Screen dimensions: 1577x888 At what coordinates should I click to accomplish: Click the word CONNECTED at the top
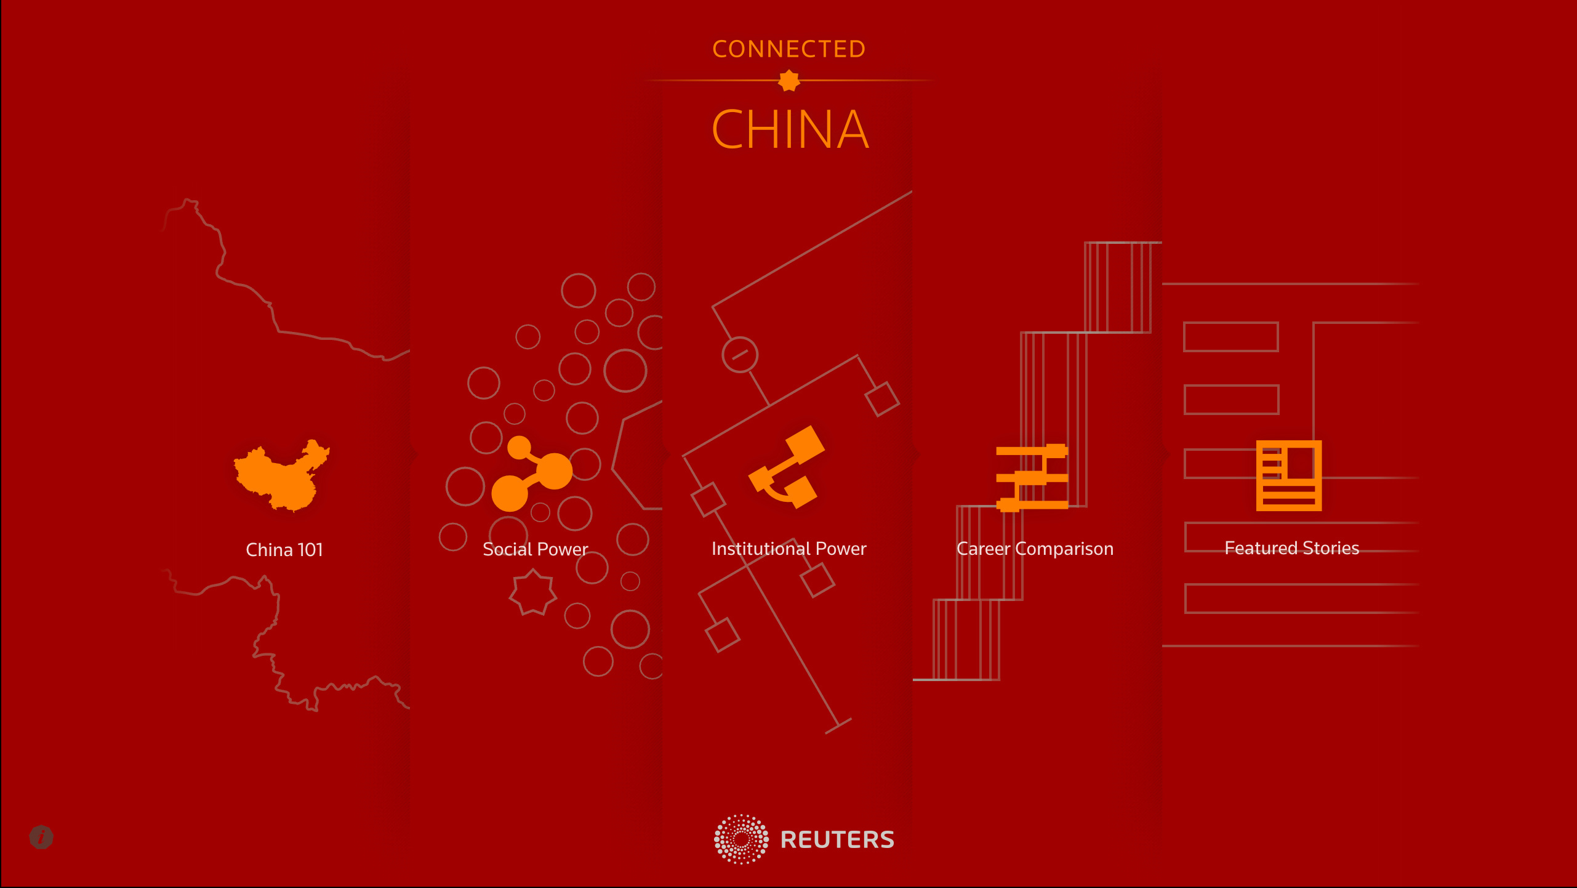788,49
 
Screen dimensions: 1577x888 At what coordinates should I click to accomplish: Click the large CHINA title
790,129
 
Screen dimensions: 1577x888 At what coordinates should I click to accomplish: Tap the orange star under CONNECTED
788,81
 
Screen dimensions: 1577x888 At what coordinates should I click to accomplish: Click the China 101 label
284,549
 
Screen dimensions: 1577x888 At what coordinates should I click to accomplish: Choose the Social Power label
535,549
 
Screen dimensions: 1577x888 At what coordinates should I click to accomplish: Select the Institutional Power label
788,548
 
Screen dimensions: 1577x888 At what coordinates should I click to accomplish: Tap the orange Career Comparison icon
1032,478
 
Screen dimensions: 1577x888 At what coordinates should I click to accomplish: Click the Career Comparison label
1035,548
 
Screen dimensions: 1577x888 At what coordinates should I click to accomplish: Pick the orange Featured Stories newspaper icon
1288,475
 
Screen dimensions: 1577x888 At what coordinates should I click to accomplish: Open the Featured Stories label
1291,547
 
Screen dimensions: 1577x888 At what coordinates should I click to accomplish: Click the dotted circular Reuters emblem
741,839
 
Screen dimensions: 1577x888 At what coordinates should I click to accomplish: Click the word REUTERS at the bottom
837,840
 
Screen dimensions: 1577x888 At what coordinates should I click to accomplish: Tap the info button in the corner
41,837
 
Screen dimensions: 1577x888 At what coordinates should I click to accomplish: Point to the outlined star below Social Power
532,592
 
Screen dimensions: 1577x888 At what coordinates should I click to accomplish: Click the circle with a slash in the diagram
739,354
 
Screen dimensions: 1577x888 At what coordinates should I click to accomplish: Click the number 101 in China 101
310,549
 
